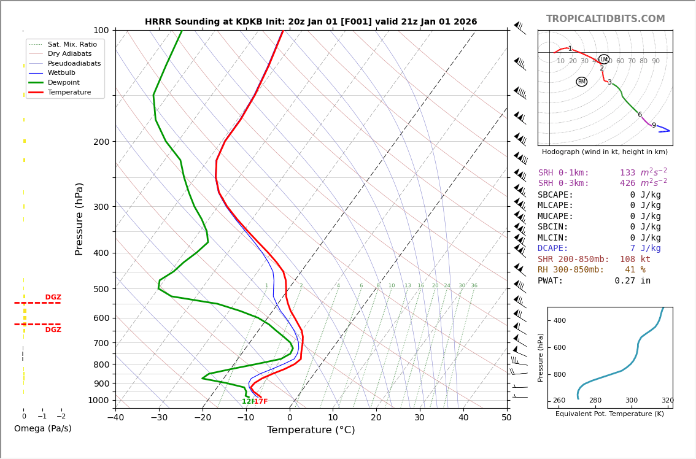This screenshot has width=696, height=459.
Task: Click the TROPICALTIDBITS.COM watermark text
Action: coord(605,19)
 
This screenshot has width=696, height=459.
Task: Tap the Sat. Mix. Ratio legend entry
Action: coord(72,44)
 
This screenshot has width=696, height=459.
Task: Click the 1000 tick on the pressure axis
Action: coord(98,400)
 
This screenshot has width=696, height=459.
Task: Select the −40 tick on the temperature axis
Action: coord(115,418)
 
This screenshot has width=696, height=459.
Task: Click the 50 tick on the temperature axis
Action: coord(506,418)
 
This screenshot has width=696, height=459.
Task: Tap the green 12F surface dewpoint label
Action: coord(248,402)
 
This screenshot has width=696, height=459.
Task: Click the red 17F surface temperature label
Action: coord(261,402)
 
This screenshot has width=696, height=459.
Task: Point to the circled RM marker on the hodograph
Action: coord(581,82)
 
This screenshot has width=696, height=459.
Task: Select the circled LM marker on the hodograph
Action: coord(604,60)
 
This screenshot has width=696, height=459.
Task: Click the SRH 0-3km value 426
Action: coord(627,183)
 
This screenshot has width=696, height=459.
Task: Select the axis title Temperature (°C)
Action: coord(311,430)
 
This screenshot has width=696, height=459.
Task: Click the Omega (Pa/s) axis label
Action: coord(42,429)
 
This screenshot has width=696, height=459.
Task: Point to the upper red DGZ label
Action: coord(53,298)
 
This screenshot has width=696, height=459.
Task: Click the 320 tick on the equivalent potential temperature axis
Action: coord(667,401)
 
